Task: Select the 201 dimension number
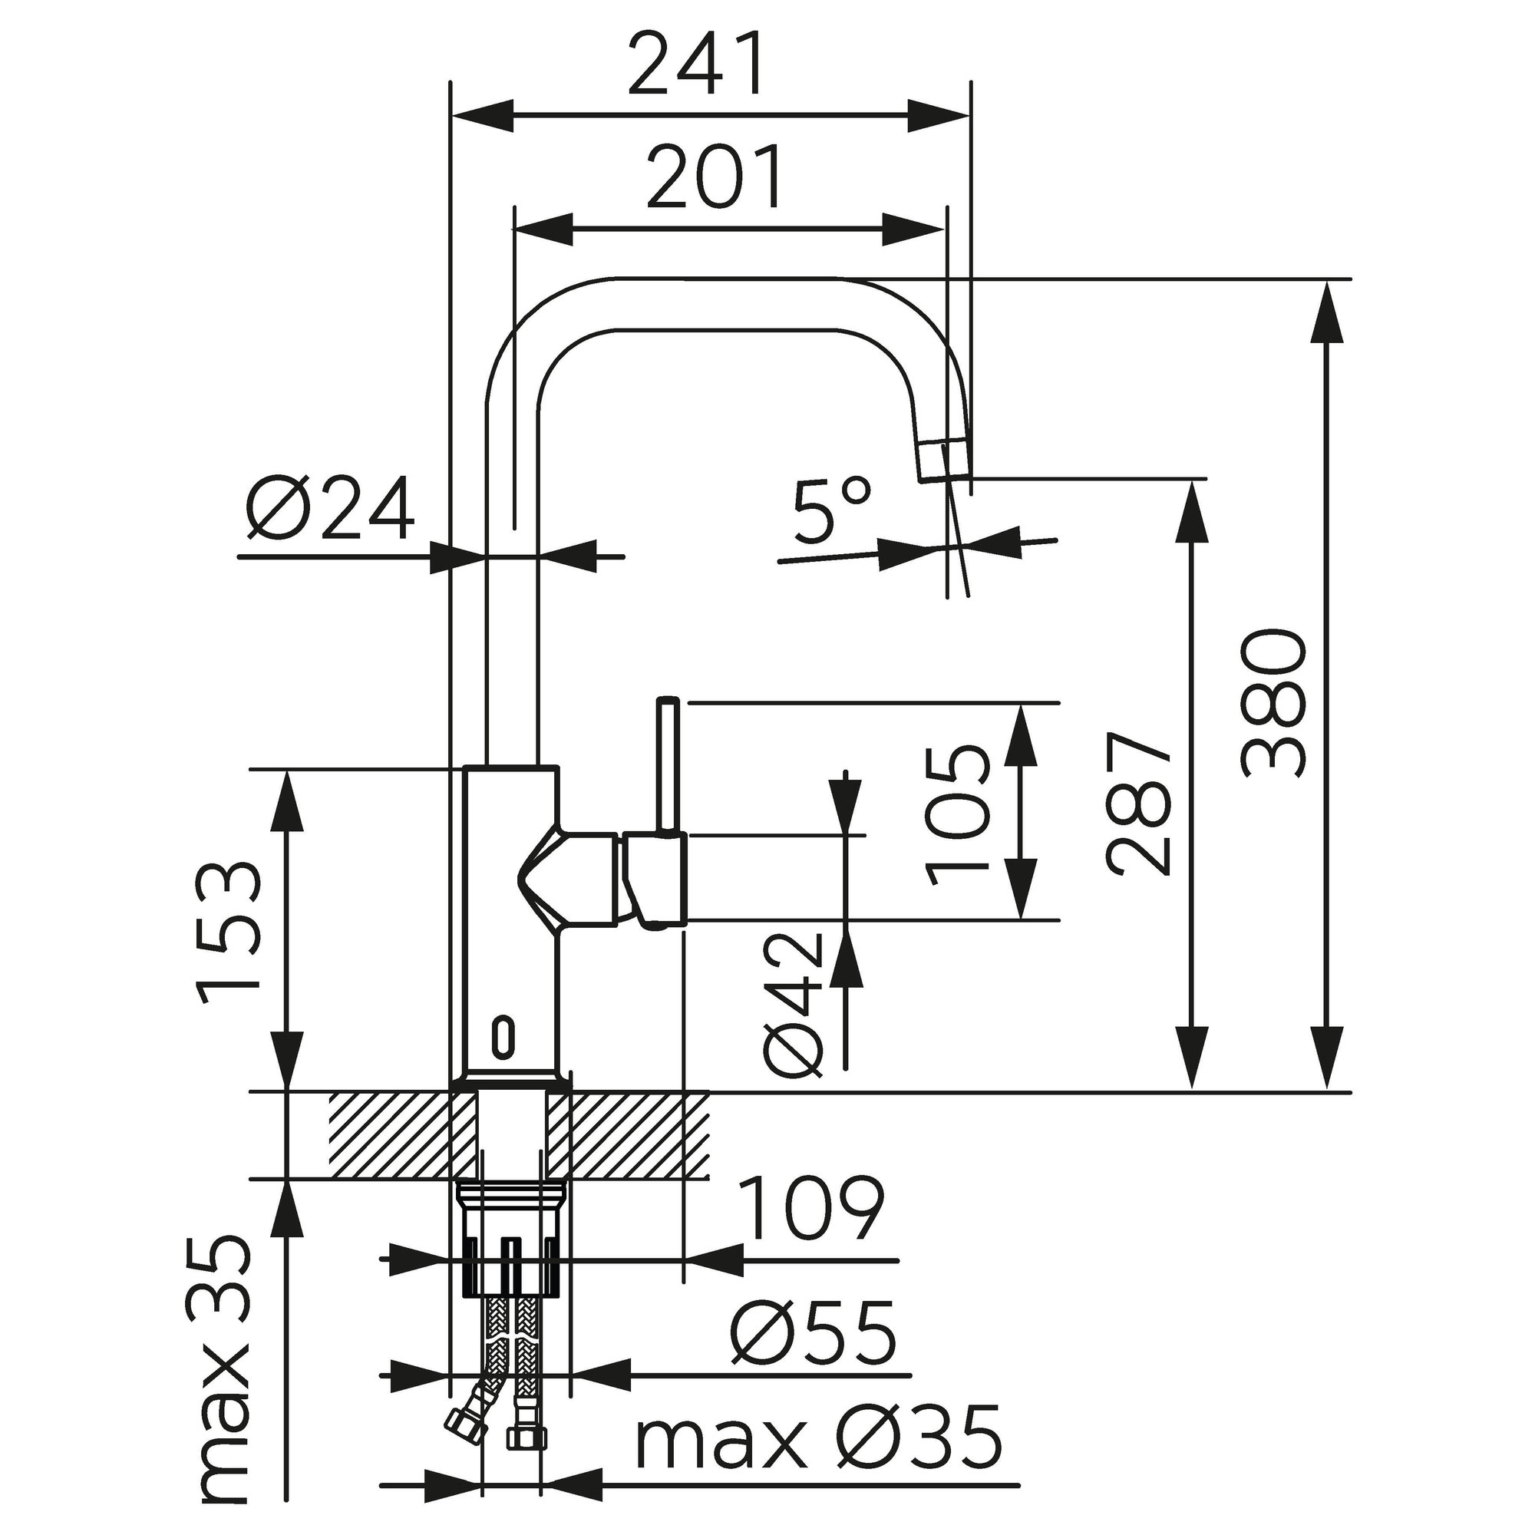click(x=716, y=177)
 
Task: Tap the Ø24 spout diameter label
click(x=330, y=509)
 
